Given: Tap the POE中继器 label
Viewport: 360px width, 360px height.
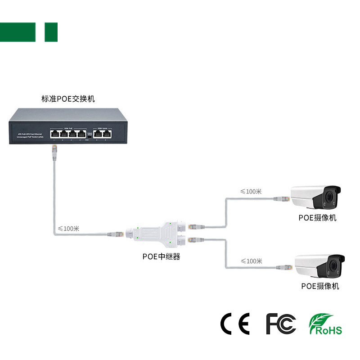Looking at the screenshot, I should tap(162, 257).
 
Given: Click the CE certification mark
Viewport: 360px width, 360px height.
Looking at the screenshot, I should tap(234, 324).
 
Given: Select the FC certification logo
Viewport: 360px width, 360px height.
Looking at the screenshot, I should tap(281, 324).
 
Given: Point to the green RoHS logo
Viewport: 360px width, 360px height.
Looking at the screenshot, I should tap(325, 324).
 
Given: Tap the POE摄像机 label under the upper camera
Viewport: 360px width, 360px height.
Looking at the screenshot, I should tap(317, 218).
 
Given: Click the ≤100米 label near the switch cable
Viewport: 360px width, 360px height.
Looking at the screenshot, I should tap(68, 229).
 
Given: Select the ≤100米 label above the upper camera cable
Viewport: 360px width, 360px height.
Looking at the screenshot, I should tap(251, 191).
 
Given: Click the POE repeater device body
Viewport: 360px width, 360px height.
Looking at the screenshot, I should tap(155, 234).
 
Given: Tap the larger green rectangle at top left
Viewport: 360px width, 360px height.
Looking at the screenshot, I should tap(18, 32).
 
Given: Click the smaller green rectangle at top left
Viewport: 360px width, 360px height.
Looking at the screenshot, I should tap(51, 32).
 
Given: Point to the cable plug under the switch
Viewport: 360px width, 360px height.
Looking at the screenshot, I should tap(54, 153).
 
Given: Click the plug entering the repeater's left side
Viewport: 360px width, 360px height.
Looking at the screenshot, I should tap(116, 234).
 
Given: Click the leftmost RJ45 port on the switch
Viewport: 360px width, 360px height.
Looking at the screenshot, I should tap(55, 134).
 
